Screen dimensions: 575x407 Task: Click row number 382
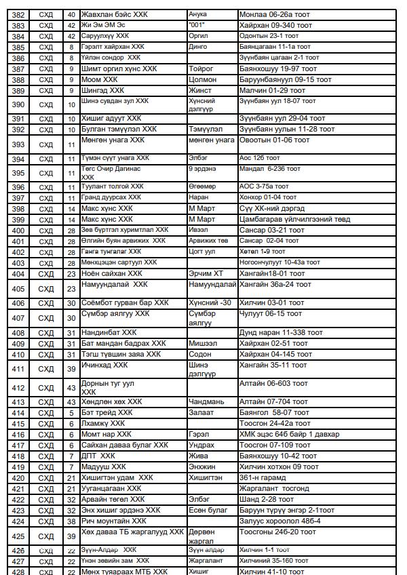coord(18,14)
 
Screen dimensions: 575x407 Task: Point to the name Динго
coord(198,47)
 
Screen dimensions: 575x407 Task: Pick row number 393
coord(18,144)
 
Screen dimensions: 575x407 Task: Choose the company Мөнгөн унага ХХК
coord(113,140)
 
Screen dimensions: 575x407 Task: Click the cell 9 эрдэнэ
coord(203,168)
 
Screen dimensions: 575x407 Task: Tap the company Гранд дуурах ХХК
coord(111,197)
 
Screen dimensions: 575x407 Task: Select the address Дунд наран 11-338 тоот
coord(277,333)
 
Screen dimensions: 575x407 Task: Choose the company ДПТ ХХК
coord(98,456)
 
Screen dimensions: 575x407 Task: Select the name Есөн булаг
coord(208,510)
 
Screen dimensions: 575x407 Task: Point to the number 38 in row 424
coord(71,521)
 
